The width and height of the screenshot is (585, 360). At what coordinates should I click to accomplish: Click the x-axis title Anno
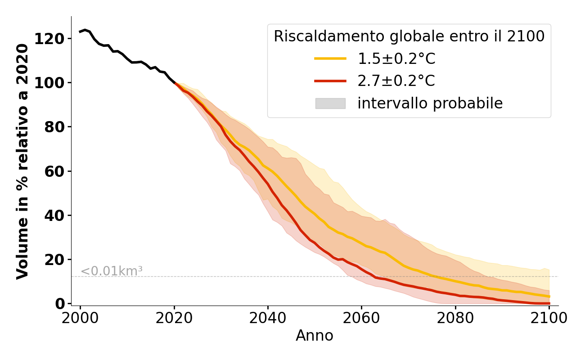click(x=315, y=336)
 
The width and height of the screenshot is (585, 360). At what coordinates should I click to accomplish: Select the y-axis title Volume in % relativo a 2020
click(x=23, y=161)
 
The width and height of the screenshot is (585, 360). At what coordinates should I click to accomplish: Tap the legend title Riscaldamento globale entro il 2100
click(x=409, y=36)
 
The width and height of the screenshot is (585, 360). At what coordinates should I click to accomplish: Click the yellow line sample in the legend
click(x=330, y=58)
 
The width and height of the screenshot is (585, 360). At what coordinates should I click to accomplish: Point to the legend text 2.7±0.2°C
click(x=396, y=81)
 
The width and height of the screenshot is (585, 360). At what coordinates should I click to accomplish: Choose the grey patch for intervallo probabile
click(x=330, y=103)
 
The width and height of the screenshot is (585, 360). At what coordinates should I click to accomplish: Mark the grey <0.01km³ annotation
click(x=112, y=271)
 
